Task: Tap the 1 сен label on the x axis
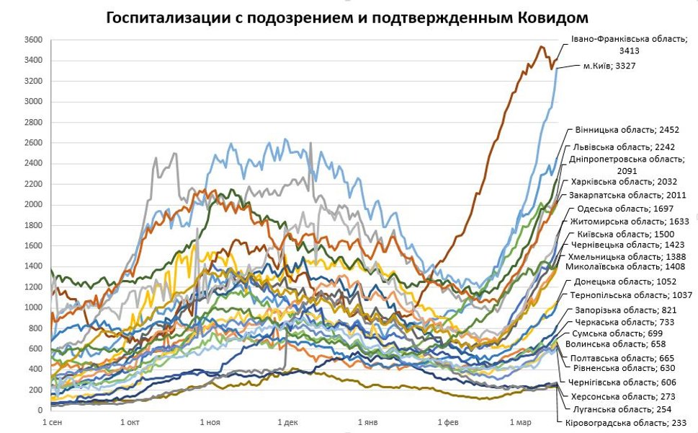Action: click(53, 421)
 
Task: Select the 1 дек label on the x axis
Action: click(287, 421)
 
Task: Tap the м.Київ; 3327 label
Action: click(609, 66)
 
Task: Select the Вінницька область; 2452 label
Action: click(627, 130)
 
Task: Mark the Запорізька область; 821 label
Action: click(621, 310)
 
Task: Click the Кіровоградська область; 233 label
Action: click(621, 423)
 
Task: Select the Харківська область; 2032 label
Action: click(622, 181)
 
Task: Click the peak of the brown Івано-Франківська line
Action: click(542, 47)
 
